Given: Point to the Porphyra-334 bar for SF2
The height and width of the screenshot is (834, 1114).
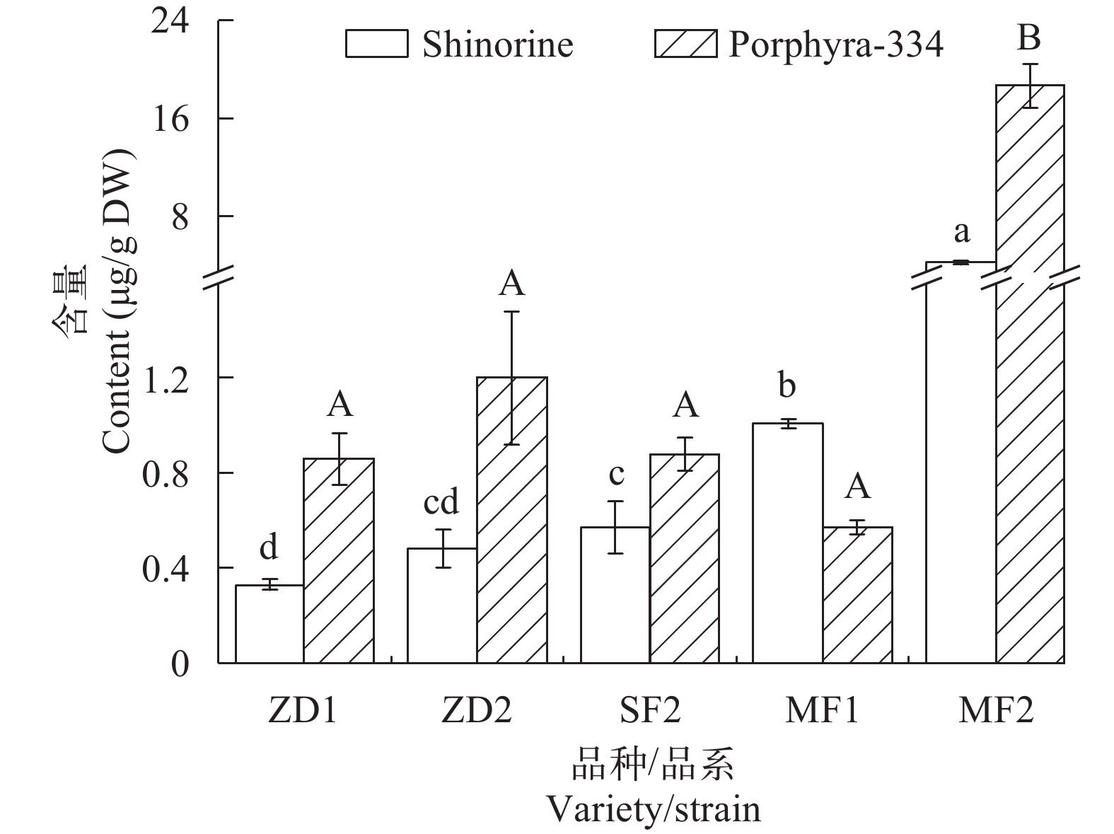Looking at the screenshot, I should coord(685,558).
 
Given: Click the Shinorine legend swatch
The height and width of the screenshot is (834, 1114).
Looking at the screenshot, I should coord(376,44).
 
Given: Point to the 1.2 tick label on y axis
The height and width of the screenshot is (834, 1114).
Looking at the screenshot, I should coord(166,378).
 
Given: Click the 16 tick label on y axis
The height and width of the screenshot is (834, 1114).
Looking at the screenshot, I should coord(170,119).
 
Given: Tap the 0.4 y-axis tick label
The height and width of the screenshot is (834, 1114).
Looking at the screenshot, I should coord(166,568).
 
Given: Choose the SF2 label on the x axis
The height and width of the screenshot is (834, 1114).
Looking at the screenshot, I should coord(649,710).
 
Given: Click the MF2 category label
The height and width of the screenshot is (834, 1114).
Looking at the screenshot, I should coord(995,710).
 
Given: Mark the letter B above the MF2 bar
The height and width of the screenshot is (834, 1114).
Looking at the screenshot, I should coord(1029,37).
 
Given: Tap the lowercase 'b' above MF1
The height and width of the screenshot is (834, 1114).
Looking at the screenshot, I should coord(787,386).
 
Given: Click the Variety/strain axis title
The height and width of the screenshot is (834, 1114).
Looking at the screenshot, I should coord(654,809).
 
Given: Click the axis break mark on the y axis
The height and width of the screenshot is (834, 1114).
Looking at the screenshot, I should coord(218,277).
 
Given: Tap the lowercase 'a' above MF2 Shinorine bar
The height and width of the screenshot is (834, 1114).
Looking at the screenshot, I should coord(961,231).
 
